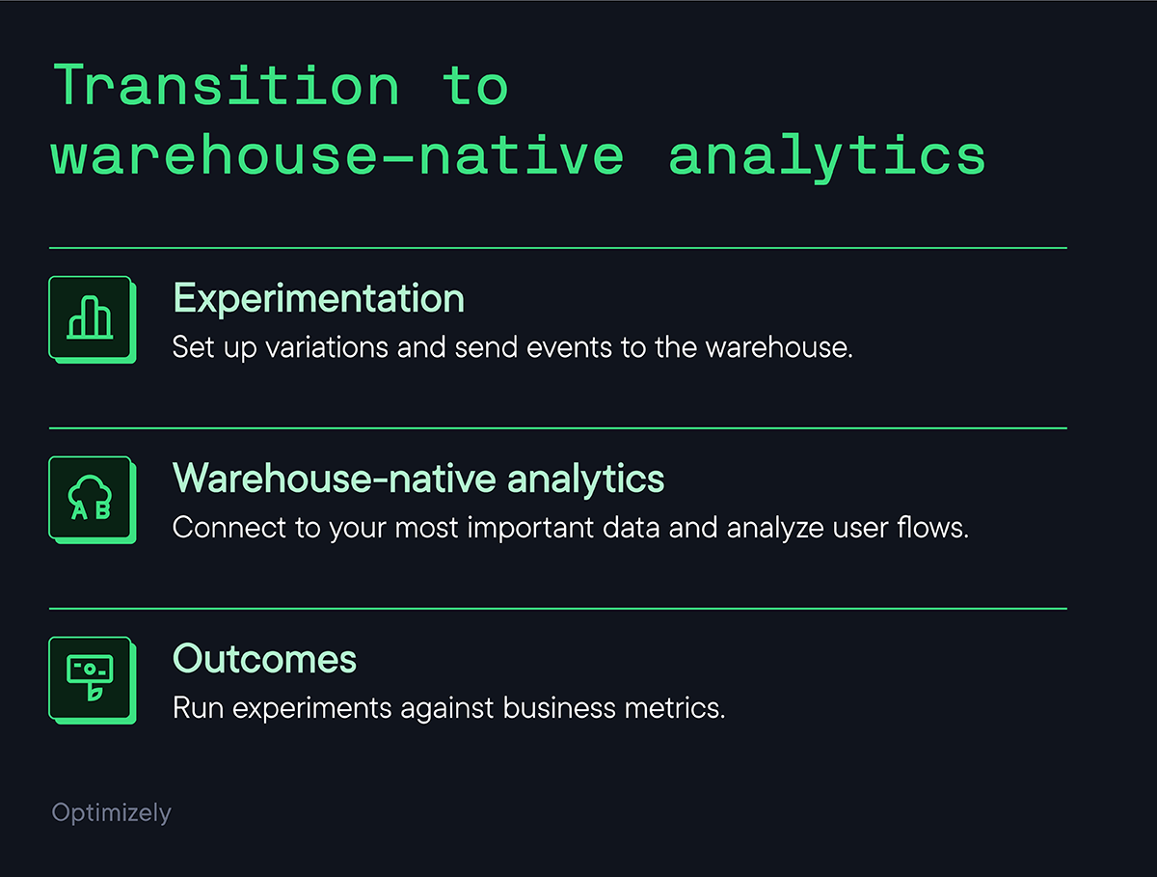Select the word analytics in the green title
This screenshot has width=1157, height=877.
(x=827, y=157)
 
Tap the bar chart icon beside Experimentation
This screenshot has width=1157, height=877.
(x=91, y=318)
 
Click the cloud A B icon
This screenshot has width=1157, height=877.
(x=91, y=499)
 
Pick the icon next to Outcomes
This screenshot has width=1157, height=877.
(x=91, y=679)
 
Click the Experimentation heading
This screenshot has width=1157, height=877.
(x=318, y=299)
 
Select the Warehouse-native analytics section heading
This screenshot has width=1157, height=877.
(x=418, y=479)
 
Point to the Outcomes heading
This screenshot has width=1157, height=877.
(x=264, y=660)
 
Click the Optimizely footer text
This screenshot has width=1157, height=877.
(x=111, y=813)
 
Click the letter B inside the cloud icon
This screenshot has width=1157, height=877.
(x=102, y=511)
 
